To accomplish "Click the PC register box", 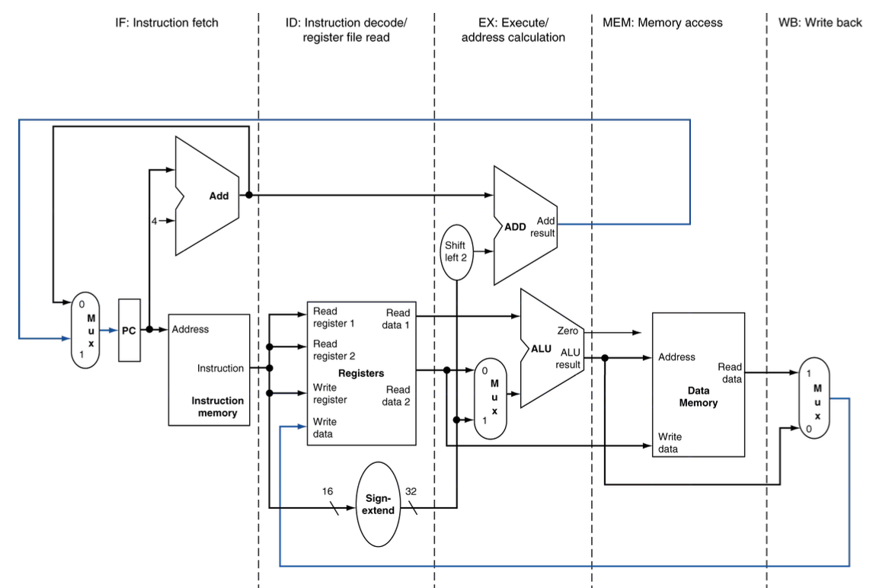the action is (x=129, y=330).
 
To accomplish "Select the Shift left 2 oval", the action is (x=456, y=252).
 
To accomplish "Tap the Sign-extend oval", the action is (x=379, y=504).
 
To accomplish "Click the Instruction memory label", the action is (x=217, y=407).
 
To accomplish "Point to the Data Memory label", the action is (x=699, y=397).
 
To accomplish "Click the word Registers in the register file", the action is (x=361, y=373).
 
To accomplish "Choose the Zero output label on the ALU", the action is (x=567, y=331).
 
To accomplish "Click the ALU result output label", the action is (x=568, y=359).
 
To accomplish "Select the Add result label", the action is (x=543, y=227).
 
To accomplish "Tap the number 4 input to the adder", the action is (x=154, y=221).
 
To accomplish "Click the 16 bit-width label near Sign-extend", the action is (x=328, y=491).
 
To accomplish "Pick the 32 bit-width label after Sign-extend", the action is (x=411, y=491).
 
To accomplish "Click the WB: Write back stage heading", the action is (x=820, y=23).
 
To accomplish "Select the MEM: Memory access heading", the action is (x=663, y=23).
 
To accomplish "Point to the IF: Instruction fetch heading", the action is (x=167, y=23).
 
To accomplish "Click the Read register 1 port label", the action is (x=334, y=317).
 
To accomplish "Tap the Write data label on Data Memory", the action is (x=670, y=443).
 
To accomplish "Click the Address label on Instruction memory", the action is (x=190, y=330).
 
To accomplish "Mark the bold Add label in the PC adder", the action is (x=219, y=196).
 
